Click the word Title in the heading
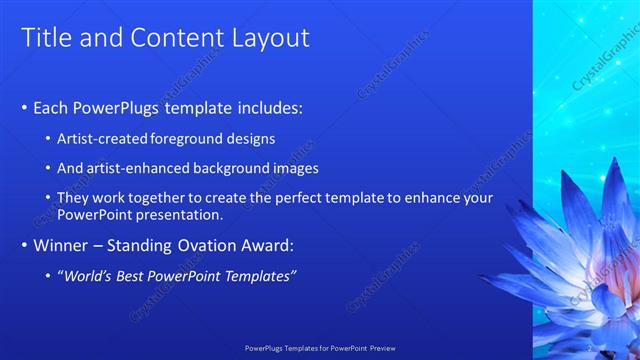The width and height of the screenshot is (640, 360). point(45,39)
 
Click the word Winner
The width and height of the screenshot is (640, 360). point(61,245)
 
